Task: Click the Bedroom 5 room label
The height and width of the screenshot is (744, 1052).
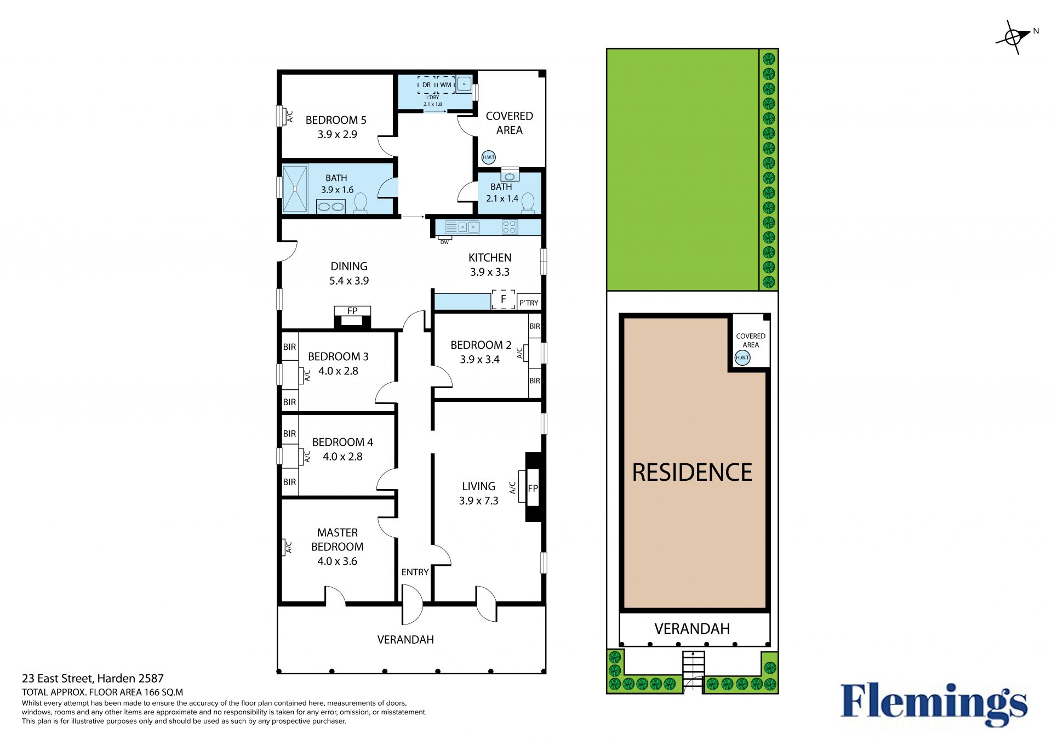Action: (336, 120)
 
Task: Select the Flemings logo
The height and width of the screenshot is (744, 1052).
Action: (934, 705)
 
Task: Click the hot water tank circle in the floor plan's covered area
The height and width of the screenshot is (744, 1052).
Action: (488, 157)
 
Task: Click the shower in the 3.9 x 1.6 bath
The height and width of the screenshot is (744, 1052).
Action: (295, 188)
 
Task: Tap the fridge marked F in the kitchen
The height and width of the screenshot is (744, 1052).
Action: (503, 299)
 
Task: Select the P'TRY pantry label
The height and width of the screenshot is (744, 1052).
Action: (529, 303)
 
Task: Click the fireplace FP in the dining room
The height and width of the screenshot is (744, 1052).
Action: (352, 316)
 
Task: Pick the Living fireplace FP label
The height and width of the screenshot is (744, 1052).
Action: (533, 488)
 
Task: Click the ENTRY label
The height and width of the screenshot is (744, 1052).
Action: (415, 572)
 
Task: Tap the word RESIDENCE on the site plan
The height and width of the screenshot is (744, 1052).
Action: (692, 473)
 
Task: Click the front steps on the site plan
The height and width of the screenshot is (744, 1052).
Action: (693, 672)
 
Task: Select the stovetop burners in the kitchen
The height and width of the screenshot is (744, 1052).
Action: (510, 227)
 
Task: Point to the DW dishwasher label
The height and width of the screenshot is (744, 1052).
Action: (444, 242)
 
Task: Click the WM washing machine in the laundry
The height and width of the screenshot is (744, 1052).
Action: (445, 85)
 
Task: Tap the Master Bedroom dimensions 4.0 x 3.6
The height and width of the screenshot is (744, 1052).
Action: (337, 561)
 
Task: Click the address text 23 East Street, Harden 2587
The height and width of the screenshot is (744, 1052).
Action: (93, 678)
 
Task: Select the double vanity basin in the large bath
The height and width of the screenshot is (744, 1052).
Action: (331, 207)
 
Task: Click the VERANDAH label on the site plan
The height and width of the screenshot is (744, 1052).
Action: (692, 629)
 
